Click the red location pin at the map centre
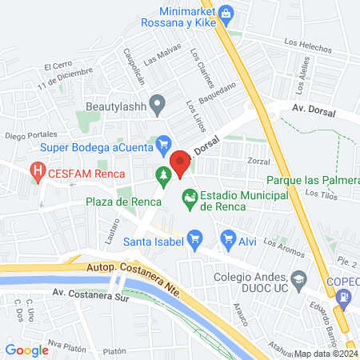[x=180, y=163]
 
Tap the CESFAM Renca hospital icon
[x=37, y=170]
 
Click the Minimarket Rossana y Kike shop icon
[x=226, y=13]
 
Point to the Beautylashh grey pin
[x=158, y=102]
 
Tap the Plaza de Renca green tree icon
[x=163, y=174]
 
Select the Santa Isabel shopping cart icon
[x=194, y=238]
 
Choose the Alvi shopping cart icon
[x=228, y=238]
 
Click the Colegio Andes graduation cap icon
[x=299, y=279]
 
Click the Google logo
[x=26, y=350]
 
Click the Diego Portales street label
[x=31, y=136]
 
